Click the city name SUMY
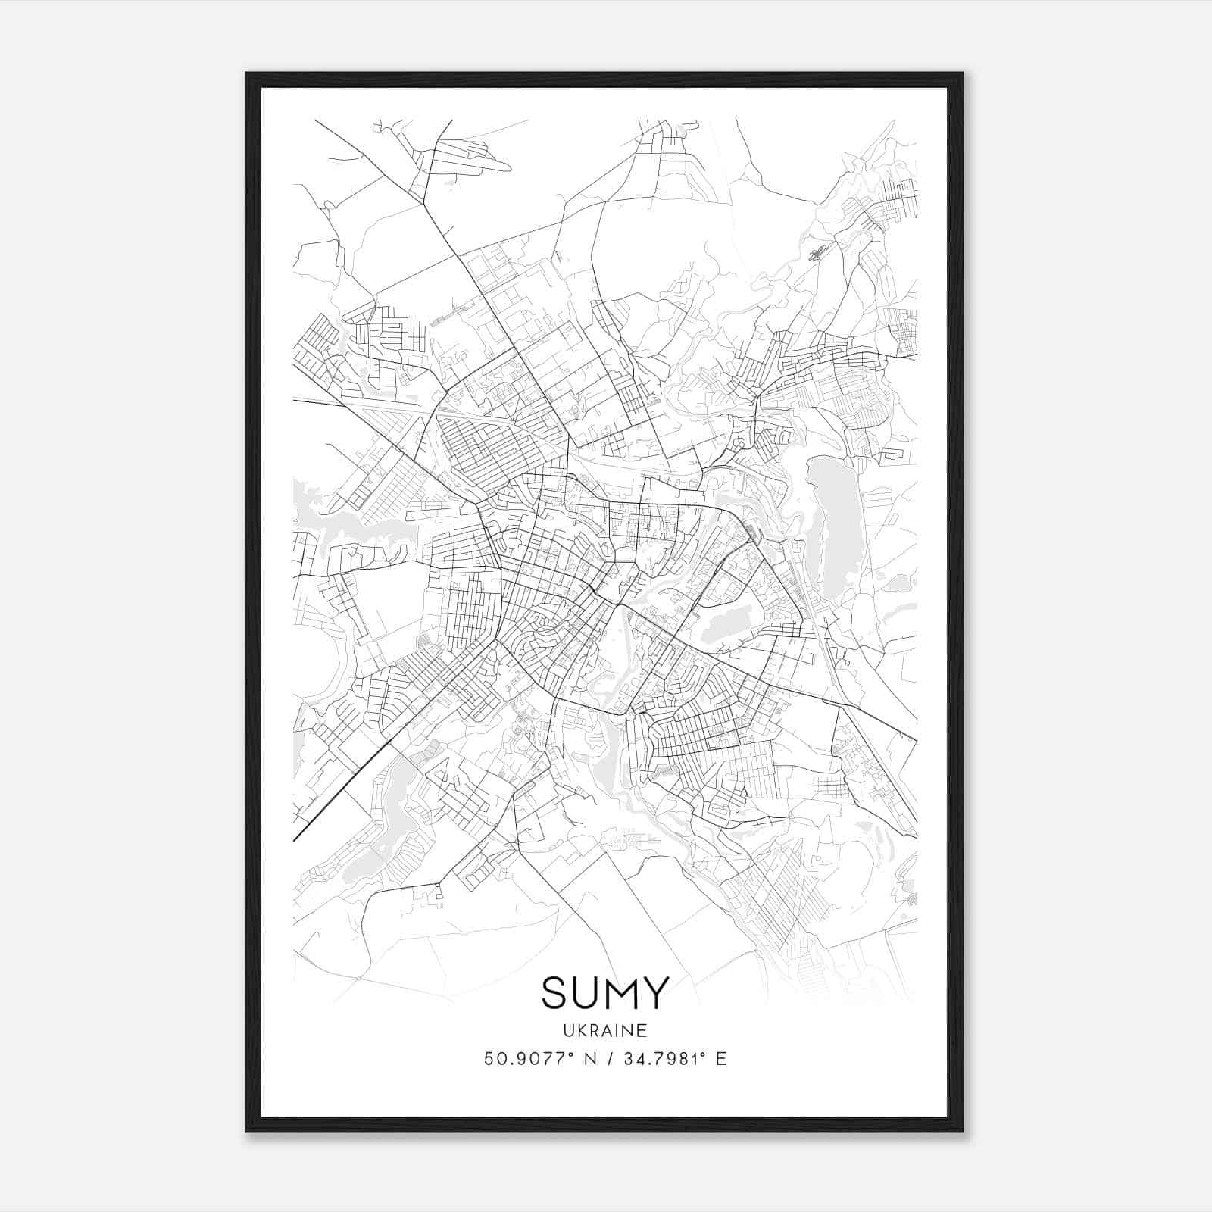[x=605, y=992]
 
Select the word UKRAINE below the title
[x=605, y=1031]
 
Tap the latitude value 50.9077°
[x=529, y=1059]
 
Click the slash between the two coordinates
[x=608, y=1059]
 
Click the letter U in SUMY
[x=587, y=992]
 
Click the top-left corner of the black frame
[x=247, y=73]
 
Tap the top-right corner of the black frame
[x=962, y=73]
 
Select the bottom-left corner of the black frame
[x=247, y=1131]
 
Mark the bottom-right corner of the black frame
[x=962, y=1131]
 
